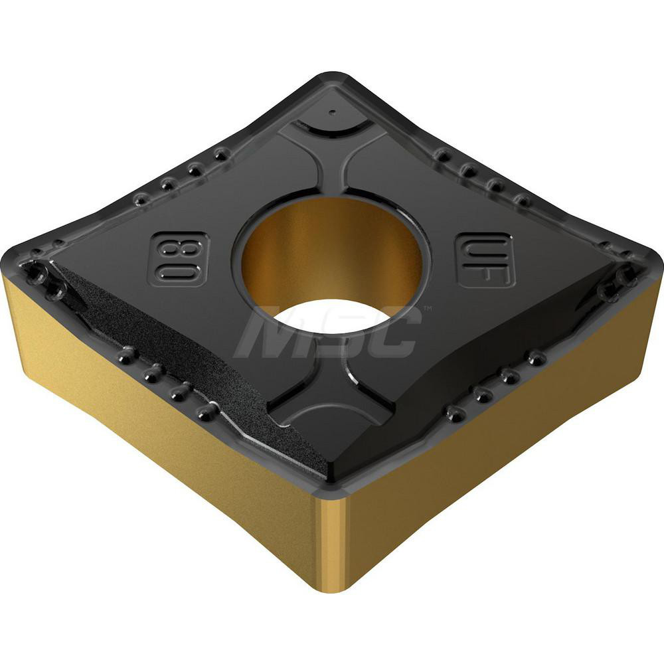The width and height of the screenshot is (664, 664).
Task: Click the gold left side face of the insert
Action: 153,425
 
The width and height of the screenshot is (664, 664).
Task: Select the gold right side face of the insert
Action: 505,425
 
